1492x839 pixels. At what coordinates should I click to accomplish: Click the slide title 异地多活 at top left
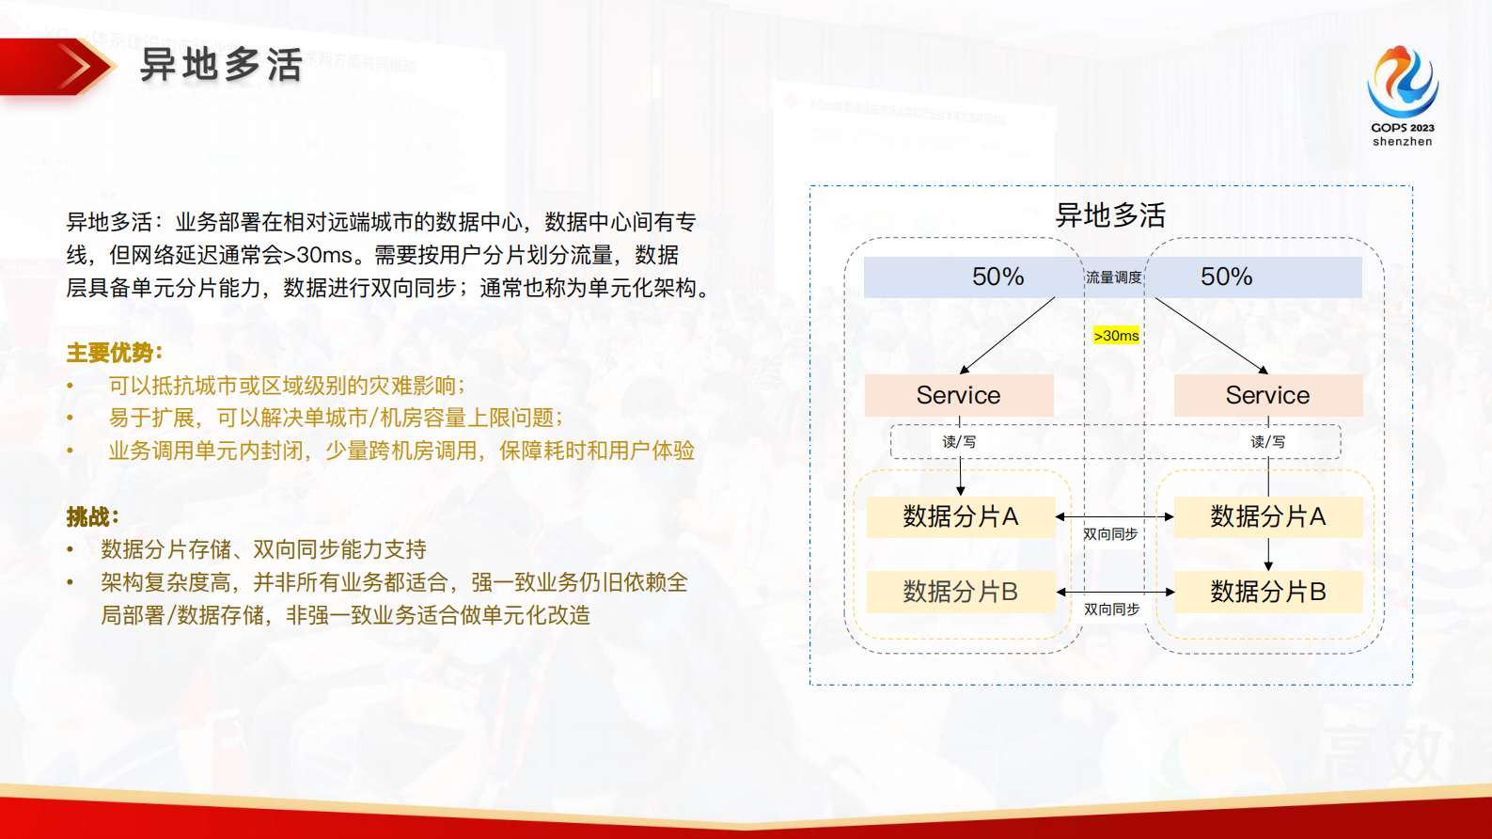pyautogui.click(x=221, y=66)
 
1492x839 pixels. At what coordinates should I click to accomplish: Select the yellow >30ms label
pyautogui.click(x=1116, y=336)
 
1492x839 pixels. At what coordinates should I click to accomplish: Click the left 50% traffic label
pyautogui.click(x=997, y=277)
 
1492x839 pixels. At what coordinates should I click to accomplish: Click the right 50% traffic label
pyautogui.click(x=1226, y=277)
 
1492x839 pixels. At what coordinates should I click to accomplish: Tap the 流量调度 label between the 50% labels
pyautogui.click(x=1113, y=277)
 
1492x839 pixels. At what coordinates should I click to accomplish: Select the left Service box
pyautogui.click(x=958, y=395)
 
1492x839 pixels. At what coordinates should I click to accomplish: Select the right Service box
pyautogui.click(x=1267, y=395)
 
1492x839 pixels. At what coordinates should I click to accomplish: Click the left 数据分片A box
pyautogui.click(x=960, y=516)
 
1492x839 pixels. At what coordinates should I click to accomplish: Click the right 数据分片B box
pyautogui.click(x=1267, y=592)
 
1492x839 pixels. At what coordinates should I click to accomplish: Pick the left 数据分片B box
pyautogui.click(x=960, y=592)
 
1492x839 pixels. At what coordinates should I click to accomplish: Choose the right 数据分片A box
pyautogui.click(x=1267, y=516)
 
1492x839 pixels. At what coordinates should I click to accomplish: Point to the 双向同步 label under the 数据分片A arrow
pyautogui.click(x=1110, y=534)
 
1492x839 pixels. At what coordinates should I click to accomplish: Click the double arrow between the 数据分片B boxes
pyautogui.click(x=1115, y=593)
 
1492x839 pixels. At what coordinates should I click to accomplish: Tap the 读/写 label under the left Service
pyautogui.click(x=959, y=442)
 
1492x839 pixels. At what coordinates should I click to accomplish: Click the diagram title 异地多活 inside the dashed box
pyautogui.click(x=1110, y=215)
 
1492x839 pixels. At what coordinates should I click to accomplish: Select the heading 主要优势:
pyautogui.click(x=114, y=353)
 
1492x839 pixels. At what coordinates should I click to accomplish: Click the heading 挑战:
pyautogui.click(x=92, y=516)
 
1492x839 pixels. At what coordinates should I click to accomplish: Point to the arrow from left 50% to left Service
pyautogui.click(x=1008, y=335)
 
